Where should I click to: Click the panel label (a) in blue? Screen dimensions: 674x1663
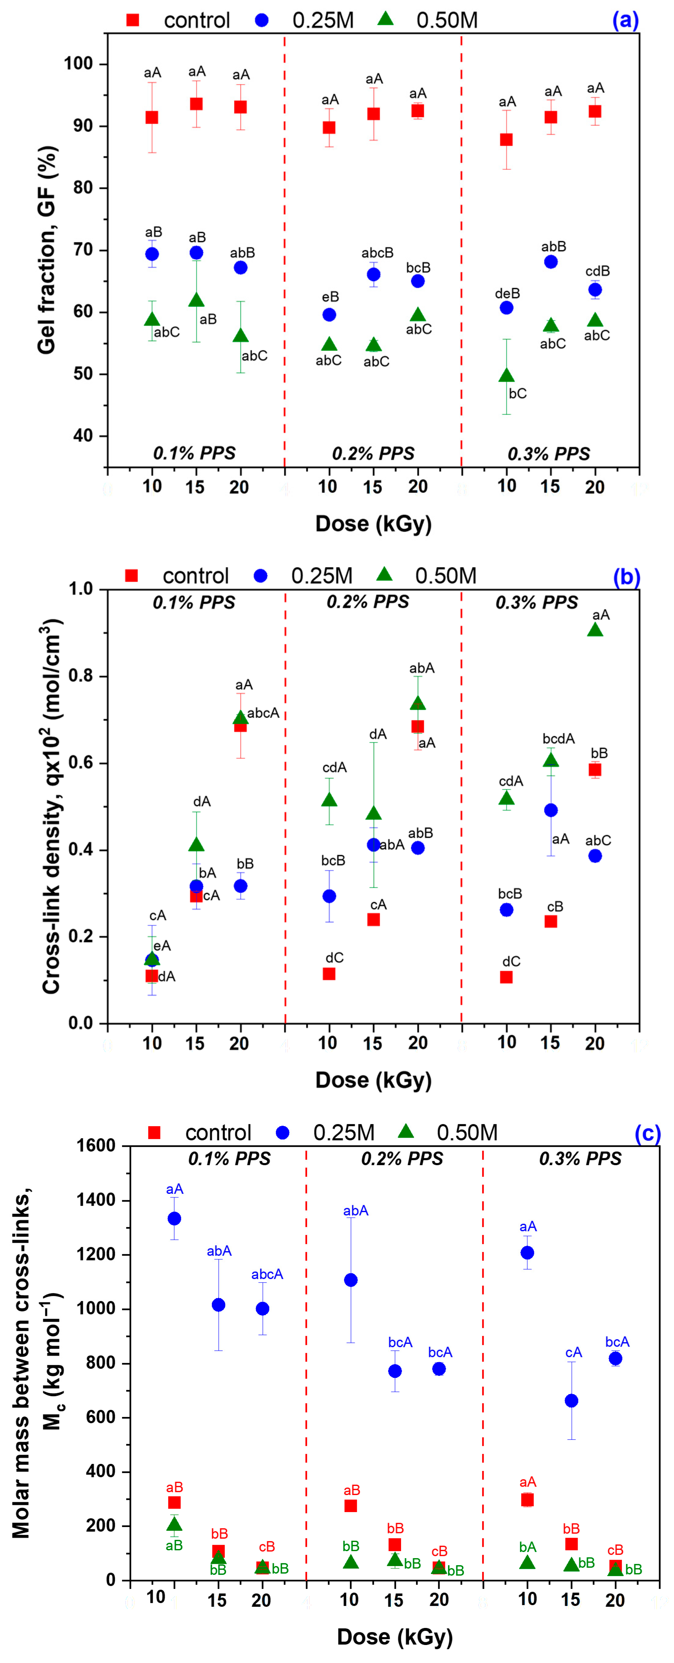click(x=625, y=21)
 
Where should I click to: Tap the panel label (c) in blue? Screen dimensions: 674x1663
click(x=647, y=1133)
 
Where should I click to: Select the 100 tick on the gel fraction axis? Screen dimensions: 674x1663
click(x=77, y=64)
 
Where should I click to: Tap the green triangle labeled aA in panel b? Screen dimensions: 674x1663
click(x=595, y=630)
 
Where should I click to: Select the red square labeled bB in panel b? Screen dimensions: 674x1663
click(x=595, y=769)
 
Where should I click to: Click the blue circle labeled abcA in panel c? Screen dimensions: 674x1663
click(x=262, y=1308)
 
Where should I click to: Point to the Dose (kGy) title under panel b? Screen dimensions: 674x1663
click(x=373, y=1080)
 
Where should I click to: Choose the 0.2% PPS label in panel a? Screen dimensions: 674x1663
click(x=373, y=453)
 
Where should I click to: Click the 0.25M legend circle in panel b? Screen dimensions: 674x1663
click(x=261, y=576)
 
